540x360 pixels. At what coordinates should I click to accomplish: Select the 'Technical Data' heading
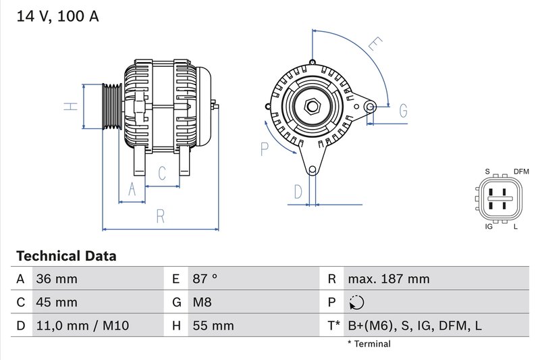coord(65,256)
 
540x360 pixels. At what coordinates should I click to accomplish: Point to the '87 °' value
coord(205,279)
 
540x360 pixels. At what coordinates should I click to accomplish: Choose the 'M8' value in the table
coord(202,302)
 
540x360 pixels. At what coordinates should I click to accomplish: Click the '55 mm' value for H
coord(213,326)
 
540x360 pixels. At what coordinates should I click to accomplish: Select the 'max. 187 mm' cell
coord(388,279)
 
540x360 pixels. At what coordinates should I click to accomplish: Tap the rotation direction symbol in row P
coord(358,302)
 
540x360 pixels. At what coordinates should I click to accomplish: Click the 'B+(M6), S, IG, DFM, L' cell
coord(414,326)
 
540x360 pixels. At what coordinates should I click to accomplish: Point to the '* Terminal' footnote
coord(369,344)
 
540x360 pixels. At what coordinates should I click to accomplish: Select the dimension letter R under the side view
coord(161,216)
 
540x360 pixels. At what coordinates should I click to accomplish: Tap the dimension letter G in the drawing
coord(403,110)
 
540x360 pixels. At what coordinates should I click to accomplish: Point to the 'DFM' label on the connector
coord(521,172)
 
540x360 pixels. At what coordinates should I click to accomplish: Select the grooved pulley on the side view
coord(110,107)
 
